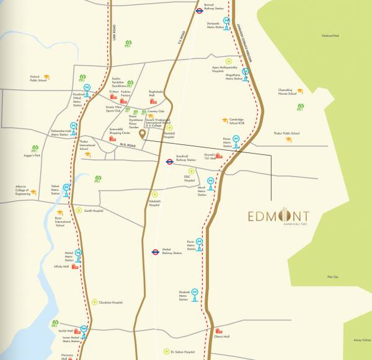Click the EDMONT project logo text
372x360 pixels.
tap(278, 216)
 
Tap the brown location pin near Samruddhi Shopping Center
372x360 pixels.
tap(141, 134)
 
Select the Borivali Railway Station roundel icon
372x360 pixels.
tap(200, 11)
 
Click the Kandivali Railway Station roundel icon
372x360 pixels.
tap(169, 162)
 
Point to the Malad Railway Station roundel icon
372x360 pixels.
tap(156, 252)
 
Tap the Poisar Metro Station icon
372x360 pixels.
tap(234, 149)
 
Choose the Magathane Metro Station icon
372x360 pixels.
tap(246, 72)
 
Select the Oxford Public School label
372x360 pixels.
tap(38, 79)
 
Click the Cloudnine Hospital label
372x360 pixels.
tap(111, 303)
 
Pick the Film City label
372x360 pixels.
tap(333, 277)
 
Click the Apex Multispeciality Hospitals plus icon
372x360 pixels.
tap(228, 62)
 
